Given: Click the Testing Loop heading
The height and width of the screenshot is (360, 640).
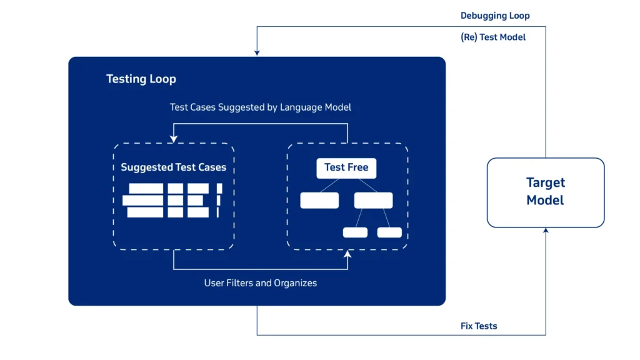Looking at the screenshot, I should (141, 79).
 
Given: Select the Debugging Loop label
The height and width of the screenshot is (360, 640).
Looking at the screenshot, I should (495, 16).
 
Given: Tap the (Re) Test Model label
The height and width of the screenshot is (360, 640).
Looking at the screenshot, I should (493, 37).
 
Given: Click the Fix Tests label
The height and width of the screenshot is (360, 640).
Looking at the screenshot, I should (479, 326).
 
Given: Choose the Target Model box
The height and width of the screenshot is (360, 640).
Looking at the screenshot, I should (545, 192).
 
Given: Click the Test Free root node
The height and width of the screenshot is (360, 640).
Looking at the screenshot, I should (346, 167).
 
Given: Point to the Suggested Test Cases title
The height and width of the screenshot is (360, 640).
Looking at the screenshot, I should (174, 167).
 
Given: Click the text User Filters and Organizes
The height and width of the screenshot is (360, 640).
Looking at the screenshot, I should (260, 283).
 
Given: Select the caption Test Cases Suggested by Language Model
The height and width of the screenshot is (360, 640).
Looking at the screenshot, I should (260, 107).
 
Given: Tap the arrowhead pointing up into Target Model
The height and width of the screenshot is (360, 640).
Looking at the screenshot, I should (546, 231).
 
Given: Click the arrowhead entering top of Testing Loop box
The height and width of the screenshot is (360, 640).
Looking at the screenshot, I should (257, 53).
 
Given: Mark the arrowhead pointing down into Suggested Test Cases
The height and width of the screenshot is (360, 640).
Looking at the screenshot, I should (174, 140).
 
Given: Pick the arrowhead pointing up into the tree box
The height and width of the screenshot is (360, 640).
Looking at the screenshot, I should (347, 254).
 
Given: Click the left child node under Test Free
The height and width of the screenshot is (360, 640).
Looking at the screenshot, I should (319, 201).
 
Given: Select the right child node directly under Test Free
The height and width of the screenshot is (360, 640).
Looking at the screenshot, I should (373, 201).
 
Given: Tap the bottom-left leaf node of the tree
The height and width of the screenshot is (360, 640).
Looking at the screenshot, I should (355, 232).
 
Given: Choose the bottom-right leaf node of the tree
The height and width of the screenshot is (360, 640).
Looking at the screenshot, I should (389, 232).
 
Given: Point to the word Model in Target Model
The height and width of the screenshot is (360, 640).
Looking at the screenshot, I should (545, 201).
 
